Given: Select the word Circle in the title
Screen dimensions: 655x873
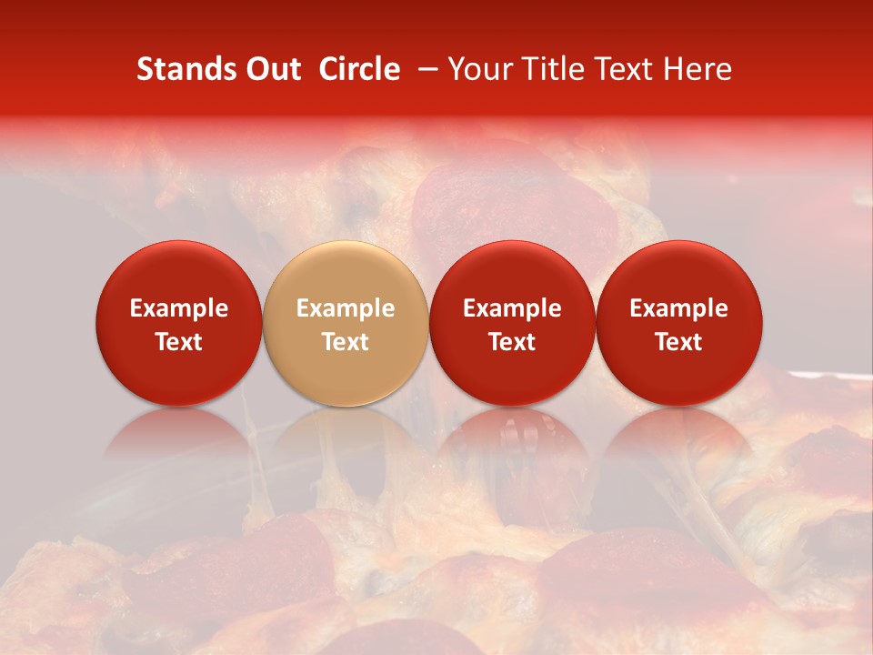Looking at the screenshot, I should coord(359,70).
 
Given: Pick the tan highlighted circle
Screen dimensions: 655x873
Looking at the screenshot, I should coord(346,323).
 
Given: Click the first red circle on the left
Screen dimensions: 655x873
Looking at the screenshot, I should coord(179,323).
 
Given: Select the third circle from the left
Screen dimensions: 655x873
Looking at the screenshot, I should coord(512,323).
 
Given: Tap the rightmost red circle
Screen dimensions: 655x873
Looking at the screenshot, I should coord(679,323).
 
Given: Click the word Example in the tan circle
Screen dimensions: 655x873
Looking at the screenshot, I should coord(346,308).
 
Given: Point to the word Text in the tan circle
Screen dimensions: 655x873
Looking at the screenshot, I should coord(346,342).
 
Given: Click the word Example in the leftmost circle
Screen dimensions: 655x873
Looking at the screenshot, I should coord(179,308).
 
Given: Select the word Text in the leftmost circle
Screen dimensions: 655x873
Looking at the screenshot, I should coord(179,342).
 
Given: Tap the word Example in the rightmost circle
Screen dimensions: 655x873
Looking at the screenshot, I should coord(679,308).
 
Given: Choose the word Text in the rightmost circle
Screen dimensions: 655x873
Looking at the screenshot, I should coord(679,342).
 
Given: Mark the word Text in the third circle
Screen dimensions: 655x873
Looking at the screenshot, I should coord(512,342).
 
